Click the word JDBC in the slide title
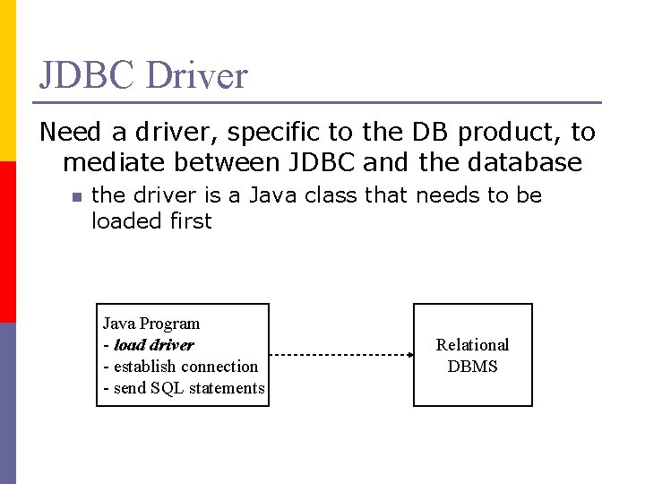coord(87,75)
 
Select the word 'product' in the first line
coord(500,133)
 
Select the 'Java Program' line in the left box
coord(151,324)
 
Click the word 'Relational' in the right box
coord(472,345)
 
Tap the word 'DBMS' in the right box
coord(472,367)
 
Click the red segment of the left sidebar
coord(8,242)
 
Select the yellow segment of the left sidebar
coord(8,81)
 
